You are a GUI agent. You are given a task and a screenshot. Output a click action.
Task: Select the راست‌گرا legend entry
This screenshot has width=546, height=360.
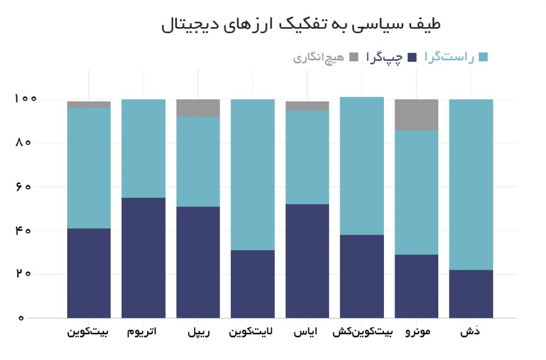pyautogui.click(x=456, y=58)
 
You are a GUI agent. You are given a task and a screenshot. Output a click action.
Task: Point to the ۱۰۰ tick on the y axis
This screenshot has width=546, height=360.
pyautogui.click(x=26, y=99)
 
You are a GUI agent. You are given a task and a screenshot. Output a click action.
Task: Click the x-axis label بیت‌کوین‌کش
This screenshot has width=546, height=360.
pyautogui.click(x=363, y=332)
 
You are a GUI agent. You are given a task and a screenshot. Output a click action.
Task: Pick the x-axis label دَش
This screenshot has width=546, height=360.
pyautogui.click(x=471, y=332)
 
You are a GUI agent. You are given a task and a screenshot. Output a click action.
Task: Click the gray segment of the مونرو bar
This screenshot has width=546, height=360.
pyautogui.click(x=416, y=114)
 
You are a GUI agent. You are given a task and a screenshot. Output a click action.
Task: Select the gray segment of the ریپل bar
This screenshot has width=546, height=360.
pyautogui.click(x=198, y=108)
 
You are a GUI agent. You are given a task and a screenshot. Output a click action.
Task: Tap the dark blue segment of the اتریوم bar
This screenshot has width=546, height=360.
pyautogui.click(x=143, y=258)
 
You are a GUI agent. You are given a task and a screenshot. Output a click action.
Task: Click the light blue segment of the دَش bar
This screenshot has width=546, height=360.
pyautogui.click(x=471, y=184)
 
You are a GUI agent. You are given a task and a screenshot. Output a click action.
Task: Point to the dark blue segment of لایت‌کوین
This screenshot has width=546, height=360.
pyautogui.click(x=253, y=284)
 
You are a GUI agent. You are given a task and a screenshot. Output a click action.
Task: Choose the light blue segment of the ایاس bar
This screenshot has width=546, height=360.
pyautogui.click(x=307, y=157)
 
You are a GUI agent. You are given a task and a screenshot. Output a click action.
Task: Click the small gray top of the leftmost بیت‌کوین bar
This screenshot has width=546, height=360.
pyautogui.click(x=89, y=105)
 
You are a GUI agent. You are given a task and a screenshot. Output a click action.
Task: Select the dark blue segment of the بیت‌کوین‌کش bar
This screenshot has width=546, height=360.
pyautogui.click(x=362, y=276)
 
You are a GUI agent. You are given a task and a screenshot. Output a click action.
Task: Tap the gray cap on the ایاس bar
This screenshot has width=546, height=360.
pyautogui.click(x=307, y=106)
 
